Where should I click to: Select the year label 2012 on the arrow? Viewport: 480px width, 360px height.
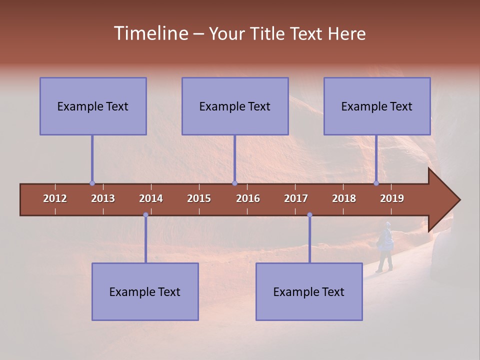(55, 198)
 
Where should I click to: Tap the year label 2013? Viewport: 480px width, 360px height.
(103, 198)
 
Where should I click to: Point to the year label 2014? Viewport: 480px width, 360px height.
(151, 198)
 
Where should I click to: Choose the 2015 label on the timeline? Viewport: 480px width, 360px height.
(199, 198)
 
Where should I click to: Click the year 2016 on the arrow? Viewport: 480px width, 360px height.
(248, 198)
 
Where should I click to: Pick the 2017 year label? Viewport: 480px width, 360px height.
(296, 198)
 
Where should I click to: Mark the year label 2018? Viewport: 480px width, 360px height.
(344, 198)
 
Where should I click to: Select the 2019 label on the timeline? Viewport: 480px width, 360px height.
(392, 198)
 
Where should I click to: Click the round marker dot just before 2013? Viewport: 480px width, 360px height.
(92, 183)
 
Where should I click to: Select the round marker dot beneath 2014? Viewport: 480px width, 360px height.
(145, 215)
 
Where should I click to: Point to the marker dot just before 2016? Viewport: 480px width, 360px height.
(234, 183)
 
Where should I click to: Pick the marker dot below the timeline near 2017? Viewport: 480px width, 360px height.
(309, 215)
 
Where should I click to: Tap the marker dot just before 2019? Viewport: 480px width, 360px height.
(376, 183)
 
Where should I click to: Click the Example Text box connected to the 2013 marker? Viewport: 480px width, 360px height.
(93, 106)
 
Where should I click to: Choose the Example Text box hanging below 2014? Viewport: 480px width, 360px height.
(145, 291)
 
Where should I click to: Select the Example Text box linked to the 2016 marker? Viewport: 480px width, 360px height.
(235, 106)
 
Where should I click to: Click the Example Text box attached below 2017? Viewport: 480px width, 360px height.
(309, 291)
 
